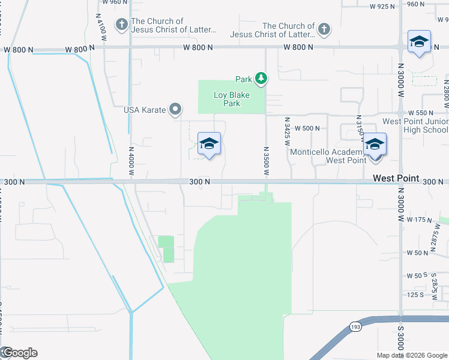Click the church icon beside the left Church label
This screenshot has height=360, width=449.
point(122,25)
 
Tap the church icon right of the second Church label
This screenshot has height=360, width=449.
point(324,29)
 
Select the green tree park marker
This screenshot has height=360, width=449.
point(261,78)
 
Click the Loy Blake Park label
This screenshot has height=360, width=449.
point(232,99)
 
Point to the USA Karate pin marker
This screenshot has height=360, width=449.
point(175,109)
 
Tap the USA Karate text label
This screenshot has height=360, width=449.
point(144,110)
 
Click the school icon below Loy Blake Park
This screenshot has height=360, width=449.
point(209,144)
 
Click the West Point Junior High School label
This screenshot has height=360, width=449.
point(415,125)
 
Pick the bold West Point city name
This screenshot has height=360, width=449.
point(395,178)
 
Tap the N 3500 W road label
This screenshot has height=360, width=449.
point(265,160)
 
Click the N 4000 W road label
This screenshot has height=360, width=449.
point(131,163)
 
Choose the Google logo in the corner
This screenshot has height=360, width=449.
point(19,353)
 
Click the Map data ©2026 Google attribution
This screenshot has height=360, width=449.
point(411,355)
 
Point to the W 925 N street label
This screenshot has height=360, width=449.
point(382,7)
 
